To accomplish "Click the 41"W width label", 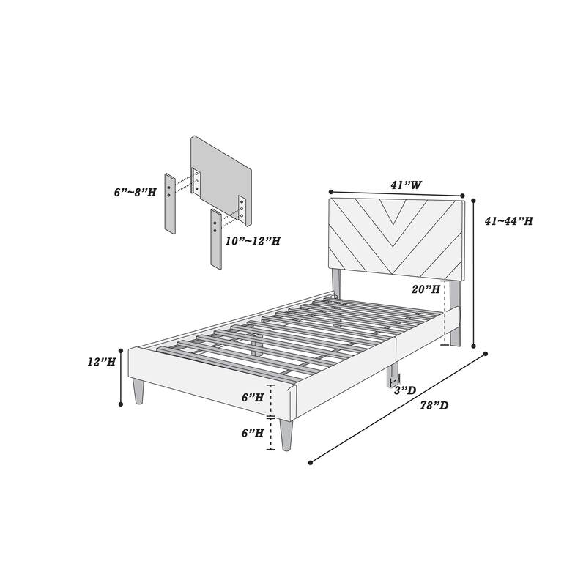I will tap(405, 185).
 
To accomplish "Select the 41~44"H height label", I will tap(508, 220).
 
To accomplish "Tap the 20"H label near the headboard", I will tap(426, 289).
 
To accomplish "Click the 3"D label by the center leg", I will tap(407, 391).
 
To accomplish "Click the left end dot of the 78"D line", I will tap(311, 463).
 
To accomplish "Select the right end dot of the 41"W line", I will tap(464, 195).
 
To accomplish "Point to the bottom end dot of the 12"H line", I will tap(122, 404).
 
